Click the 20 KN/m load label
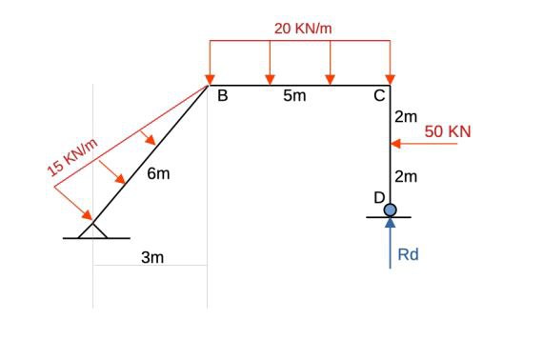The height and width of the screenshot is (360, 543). click(x=303, y=28)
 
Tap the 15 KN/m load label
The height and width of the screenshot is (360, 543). click(x=74, y=157)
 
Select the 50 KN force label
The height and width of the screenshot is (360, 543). click(x=448, y=130)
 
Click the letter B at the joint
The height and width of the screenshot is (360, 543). click(x=222, y=95)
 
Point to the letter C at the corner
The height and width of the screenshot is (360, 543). click(x=379, y=95)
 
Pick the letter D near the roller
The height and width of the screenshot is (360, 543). click(x=378, y=197)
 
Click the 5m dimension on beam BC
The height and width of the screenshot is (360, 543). click(x=294, y=96)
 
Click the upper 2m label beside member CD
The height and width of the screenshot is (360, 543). click(x=406, y=117)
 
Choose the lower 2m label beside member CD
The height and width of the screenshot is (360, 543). click(x=406, y=176)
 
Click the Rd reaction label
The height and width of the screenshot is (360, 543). click(x=408, y=254)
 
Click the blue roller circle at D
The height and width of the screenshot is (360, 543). click(x=390, y=210)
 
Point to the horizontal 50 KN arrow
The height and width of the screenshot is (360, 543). click(x=416, y=145)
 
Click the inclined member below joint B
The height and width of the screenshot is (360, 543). click(x=152, y=153)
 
